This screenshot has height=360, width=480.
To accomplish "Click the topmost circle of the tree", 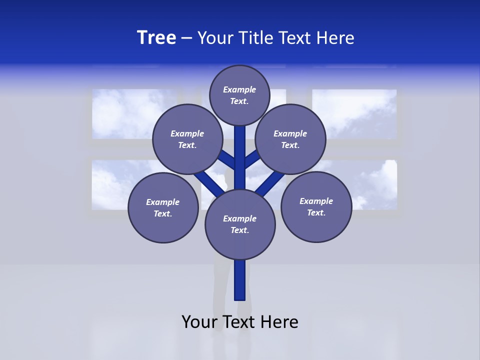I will point(239,95).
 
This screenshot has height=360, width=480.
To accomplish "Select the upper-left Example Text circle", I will point(187,139).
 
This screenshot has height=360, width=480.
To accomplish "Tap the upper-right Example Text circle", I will point(290,139).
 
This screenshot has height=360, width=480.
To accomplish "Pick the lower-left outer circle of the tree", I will point(163,207).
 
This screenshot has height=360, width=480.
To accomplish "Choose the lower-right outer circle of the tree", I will point(316,206).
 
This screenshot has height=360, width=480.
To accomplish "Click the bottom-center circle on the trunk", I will point(240,224).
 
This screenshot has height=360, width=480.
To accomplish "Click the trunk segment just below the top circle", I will point(240,142).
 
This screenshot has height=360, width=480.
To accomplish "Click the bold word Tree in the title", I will point(156,38).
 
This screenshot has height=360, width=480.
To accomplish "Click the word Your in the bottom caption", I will point(199,322).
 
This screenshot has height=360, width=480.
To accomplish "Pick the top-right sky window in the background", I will point(354,114).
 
